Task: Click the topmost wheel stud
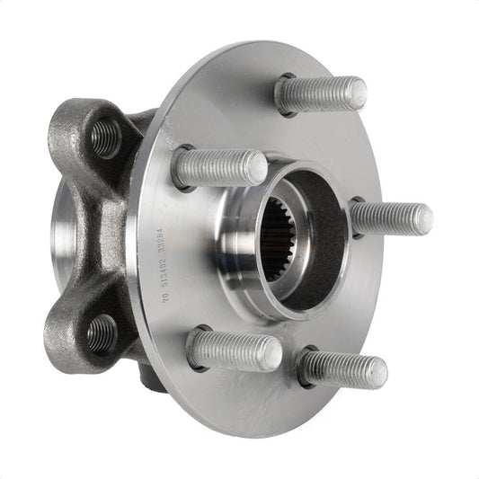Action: pyautogui.click(x=322, y=94)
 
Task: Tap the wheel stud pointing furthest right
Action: pyautogui.click(x=394, y=218)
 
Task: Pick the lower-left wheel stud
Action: pyautogui.click(x=235, y=350)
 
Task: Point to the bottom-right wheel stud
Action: pyautogui.click(x=344, y=368)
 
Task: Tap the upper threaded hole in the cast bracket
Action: pyautogui.click(x=105, y=137)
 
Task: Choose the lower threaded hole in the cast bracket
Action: pyautogui.click(x=102, y=333)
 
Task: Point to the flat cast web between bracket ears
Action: pyautogui.click(x=107, y=234)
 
